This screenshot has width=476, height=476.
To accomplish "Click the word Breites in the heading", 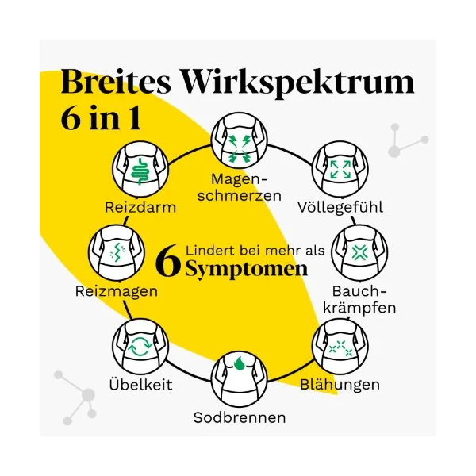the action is pos(116,82).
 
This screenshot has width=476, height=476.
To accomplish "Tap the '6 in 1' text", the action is pos(101,118).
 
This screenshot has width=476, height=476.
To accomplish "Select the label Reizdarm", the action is pos(140,208).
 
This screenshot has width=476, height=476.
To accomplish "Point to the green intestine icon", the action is pos(140,171).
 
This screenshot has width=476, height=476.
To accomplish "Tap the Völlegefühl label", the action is pos(340,208).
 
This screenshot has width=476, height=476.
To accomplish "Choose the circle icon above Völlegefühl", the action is pos(340,169).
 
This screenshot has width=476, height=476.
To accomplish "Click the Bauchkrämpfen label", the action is pos(359,300).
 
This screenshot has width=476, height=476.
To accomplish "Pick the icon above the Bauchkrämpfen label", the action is pos(359,252).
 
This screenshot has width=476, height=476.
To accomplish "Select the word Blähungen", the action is pos(340,385).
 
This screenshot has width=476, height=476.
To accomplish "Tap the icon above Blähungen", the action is pos(340,347).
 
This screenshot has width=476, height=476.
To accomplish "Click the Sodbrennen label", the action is pos(240,417).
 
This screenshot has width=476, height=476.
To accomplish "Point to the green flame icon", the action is pos(240,363).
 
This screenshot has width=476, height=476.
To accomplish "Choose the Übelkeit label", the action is pos(140,385).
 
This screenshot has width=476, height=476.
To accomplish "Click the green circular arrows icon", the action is pos(140,347).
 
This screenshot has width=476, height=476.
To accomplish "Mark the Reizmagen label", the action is pos(117,291).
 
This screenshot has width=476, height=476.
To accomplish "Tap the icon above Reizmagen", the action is pos(117,252).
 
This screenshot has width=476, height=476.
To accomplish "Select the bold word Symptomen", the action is pos(247,269).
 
